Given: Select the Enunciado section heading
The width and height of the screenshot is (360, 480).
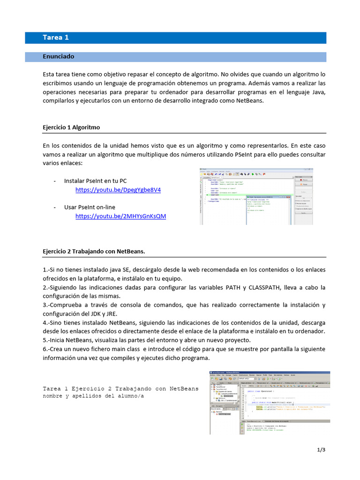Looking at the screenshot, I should [x=59, y=56].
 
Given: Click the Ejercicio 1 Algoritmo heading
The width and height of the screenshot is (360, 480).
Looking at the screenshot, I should [x=71, y=127].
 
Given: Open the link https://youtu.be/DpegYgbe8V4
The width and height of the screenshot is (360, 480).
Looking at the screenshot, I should [x=118, y=190].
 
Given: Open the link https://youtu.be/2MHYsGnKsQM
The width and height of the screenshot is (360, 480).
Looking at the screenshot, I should [x=120, y=216].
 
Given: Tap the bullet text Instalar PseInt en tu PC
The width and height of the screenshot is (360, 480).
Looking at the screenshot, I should [x=95, y=180].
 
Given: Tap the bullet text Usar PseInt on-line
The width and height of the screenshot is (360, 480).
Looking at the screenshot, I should [x=90, y=207].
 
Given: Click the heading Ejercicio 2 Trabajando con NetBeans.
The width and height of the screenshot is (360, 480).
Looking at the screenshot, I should [x=94, y=251].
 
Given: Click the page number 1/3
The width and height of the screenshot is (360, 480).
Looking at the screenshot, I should [x=321, y=450].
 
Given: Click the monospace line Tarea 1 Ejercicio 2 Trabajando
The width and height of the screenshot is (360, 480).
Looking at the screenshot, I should [x=120, y=389].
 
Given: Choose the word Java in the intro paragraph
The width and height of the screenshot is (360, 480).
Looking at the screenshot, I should [x=318, y=92].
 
